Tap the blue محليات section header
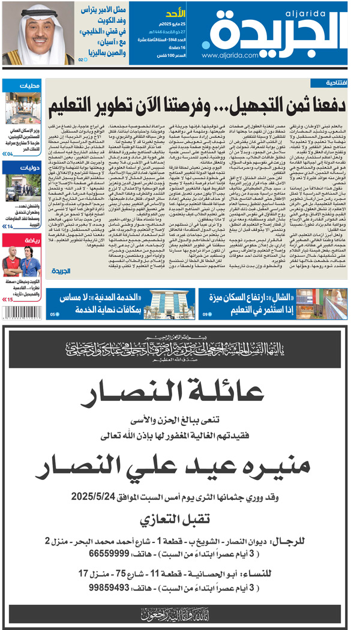pyautogui.click(x=22, y=85)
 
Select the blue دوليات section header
pyautogui.click(x=22, y=168)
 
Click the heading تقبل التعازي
pyautogui.click(x=180, y=518)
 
